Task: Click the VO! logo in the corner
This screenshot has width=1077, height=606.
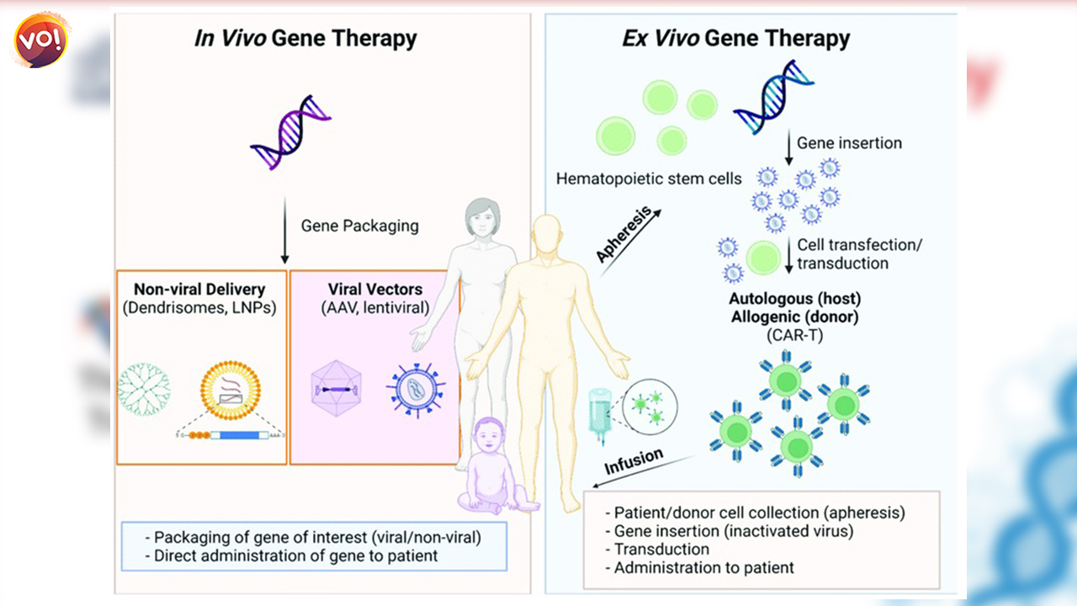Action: click(x=41, y=40)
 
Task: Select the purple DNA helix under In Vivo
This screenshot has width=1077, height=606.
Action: click(x=291, y=131)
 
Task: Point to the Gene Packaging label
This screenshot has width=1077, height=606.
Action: click(x=359, y=226)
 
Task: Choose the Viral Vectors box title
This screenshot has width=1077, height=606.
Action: click(x=375, y=290)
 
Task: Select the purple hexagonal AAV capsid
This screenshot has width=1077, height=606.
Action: click(x=335, y=391)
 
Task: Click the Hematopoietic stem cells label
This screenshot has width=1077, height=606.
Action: click(x=649, y=178)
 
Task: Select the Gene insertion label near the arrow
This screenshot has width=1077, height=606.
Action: click(x=849, y=143)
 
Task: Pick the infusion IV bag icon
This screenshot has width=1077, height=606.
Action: click(x=599, y=402)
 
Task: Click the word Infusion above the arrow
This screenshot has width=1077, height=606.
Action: click(x=634, y=462)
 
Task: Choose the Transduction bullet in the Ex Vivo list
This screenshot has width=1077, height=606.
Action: click(x=661, y=550)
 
